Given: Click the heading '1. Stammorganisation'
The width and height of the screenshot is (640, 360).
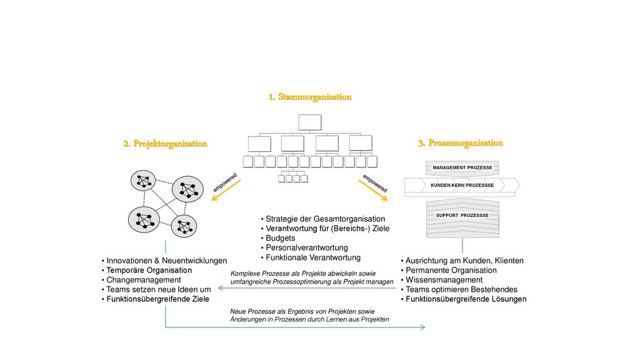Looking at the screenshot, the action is [310, 97].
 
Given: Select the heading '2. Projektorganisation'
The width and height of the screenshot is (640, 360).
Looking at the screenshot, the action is [165, 144].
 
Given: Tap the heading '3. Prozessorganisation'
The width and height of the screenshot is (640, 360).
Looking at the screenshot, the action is [461, 143].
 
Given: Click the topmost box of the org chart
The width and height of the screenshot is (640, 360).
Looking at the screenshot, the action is [310, 122].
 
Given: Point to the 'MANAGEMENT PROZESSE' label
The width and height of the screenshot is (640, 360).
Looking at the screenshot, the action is [462, 167].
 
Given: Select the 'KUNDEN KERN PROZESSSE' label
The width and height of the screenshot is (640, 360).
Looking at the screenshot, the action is [462, 185].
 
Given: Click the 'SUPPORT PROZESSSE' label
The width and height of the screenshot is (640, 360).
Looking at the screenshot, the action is [462, 216].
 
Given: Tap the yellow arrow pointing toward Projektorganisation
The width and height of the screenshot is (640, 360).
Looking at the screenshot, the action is [226, 191].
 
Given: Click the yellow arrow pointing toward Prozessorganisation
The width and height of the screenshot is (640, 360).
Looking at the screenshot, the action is [373, 191].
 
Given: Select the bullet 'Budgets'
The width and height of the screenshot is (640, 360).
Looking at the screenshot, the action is [278, 238].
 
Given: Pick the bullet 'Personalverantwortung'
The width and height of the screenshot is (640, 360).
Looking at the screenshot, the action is [304, 247].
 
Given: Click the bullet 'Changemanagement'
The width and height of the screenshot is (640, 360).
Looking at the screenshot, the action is [141, 280].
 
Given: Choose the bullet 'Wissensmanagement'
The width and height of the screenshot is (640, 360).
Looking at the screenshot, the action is [442, 280].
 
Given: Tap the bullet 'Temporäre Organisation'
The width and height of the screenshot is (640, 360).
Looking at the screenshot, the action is [146, 270].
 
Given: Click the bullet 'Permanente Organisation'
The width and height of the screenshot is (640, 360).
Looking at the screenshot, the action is [449, 270].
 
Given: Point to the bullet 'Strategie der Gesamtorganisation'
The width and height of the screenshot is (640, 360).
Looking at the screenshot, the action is [323, 219].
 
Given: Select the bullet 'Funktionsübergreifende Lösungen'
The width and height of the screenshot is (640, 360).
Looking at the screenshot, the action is [464, 299].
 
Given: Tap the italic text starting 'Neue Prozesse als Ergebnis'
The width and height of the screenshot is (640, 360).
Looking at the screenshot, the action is [310, 316].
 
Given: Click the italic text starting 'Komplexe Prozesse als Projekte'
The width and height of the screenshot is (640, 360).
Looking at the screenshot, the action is [312, 277].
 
